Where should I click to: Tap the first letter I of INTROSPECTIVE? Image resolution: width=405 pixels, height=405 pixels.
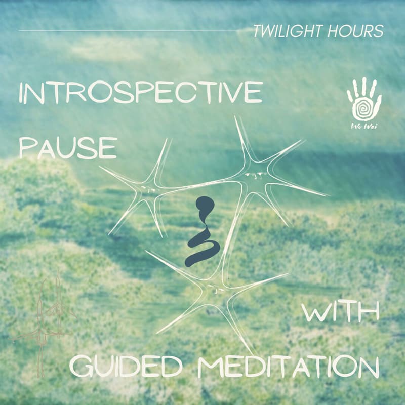click(21, 95)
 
